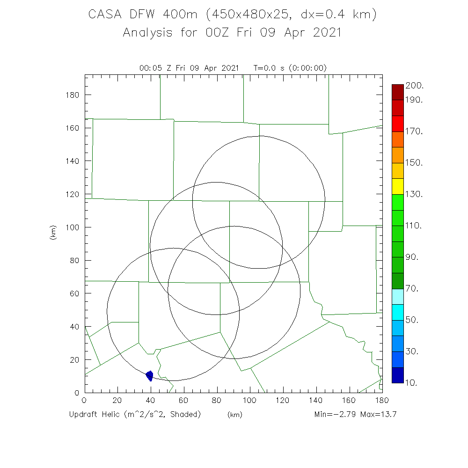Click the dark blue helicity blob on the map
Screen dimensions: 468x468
click(150, 375)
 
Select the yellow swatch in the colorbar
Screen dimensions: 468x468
click(397, 186)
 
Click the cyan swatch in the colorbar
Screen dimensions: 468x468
click(397, 312)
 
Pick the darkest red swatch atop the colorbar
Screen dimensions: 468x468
click(397, 92)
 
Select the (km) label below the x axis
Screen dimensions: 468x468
click(234, 415)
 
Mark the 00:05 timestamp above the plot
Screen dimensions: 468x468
click(149, 68)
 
